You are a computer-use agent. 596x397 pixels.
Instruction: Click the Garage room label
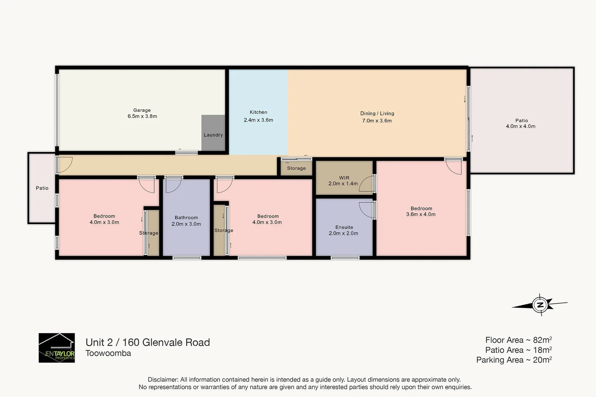coord(142,110)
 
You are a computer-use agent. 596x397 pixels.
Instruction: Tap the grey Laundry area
coord(213,133)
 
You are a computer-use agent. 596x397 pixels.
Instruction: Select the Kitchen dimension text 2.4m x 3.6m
coord(258,120)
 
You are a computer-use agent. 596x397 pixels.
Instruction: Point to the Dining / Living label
coord(377,114)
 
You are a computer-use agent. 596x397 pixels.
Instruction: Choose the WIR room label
coord(344,178)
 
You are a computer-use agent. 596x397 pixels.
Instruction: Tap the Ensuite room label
coord(344,228)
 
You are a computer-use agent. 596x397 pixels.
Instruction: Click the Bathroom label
coord(186,218)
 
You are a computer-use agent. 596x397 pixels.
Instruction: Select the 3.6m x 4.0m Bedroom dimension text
coord(421,214)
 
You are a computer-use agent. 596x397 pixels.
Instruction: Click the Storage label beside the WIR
coord(296,168)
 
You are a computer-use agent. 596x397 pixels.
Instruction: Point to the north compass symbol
coord(540,305)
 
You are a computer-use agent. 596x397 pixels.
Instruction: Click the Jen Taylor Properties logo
coord(57,348)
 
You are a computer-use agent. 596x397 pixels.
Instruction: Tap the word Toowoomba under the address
coord(108,353)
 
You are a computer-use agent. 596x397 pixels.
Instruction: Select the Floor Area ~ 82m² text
coord(518,340)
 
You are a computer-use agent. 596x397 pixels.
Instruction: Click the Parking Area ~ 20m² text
coord(514,360)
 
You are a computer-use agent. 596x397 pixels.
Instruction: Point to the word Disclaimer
coord(163,380)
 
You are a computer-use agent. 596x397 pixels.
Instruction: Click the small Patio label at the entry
coord(42,188)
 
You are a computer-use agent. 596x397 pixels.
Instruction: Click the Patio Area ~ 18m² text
coord(518,350)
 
